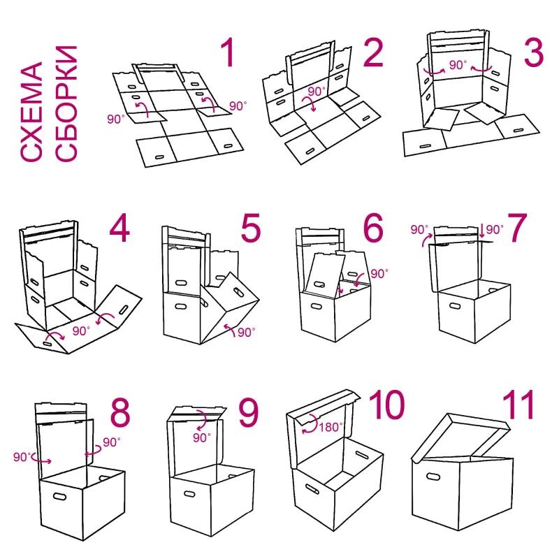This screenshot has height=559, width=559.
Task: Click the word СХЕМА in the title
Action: pos(31,112)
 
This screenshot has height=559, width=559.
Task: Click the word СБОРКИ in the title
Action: pos(66,103)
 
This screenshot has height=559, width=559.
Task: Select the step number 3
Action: pos(533,53)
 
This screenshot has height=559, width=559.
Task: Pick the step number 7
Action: pos(516,228)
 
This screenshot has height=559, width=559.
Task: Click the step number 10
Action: pos(386,405)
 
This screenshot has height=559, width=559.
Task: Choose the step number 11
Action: pos(518,405)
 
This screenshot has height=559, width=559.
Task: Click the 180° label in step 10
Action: pos(331,427)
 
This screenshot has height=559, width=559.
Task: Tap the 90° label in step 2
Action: pos(317,92)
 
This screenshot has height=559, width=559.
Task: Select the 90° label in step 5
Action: pos(247,333)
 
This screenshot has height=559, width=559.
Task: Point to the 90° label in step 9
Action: pos(202,437)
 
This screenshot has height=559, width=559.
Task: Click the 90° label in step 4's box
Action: pos(81,331)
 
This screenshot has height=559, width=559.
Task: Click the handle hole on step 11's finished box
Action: pos(433,477)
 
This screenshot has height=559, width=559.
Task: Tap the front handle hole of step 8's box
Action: pos(60,496)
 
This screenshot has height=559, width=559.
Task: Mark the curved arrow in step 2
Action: pos(309,103)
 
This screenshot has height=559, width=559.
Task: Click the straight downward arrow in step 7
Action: pos(482,231)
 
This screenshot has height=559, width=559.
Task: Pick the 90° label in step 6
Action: pos(379,273)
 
